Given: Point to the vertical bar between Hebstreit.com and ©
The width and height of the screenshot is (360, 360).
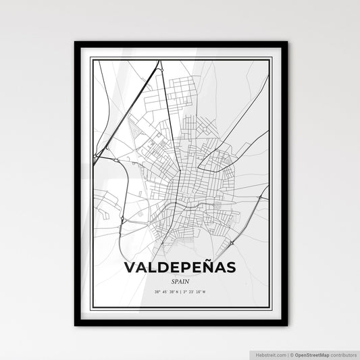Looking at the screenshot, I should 284,354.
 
